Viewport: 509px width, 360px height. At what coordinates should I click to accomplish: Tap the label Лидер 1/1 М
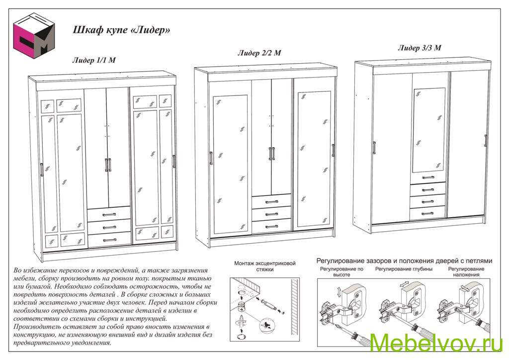[x=94, y=61]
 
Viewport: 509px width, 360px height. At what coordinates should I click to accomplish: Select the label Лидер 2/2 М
[x=259, y=53]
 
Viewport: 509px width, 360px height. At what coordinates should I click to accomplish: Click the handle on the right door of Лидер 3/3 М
[x=485, y=140]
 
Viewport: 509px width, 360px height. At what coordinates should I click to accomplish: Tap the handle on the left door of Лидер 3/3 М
[x=373, y=148]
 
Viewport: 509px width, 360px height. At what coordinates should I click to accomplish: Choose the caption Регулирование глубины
[x=403, y=269]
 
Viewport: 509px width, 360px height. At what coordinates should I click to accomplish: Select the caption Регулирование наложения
[x=466, y=271]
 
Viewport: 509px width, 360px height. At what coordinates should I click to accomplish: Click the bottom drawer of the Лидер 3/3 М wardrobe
[x=427, y=213]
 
